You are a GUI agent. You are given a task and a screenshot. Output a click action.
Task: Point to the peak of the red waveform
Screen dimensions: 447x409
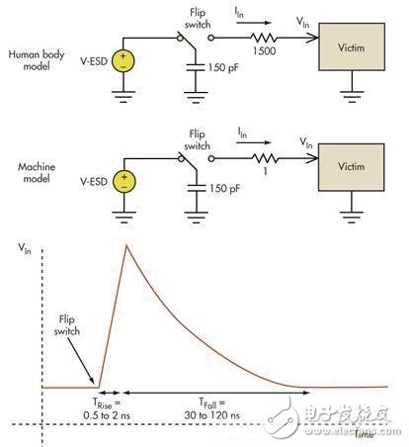124,244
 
